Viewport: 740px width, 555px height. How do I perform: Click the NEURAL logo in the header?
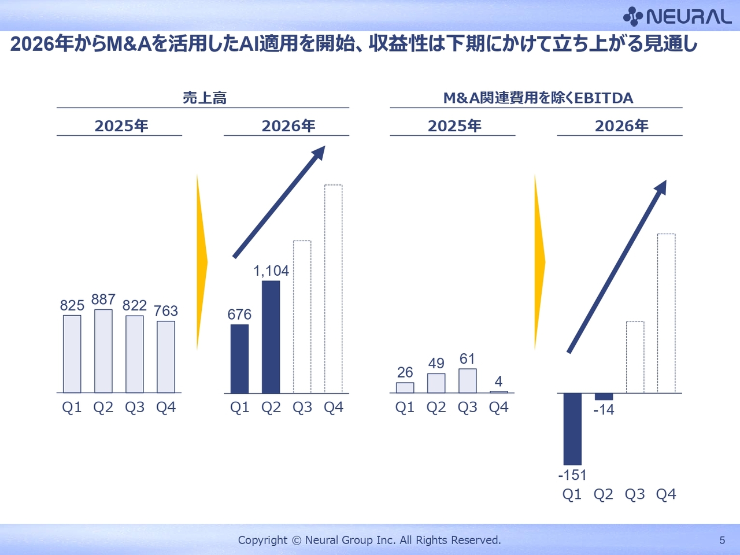(678, 16)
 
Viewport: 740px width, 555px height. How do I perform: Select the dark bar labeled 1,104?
(271, 337)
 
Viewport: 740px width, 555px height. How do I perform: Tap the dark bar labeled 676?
(239, 359)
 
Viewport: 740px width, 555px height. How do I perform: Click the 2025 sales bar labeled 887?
(103, 351)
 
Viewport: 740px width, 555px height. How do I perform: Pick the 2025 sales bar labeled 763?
(166, 357)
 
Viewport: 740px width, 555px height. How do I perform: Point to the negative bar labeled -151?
(572, 429)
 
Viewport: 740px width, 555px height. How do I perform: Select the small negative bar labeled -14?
(604, 397)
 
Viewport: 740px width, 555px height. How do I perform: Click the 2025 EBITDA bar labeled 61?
(468, 381)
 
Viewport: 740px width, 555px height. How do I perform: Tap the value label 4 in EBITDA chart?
(498, 382)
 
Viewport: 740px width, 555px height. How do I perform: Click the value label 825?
(72, 305)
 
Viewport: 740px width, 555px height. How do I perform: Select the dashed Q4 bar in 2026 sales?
(334, 289)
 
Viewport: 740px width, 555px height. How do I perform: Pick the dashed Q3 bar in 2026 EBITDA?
(635, 357)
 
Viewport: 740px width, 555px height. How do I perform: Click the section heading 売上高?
(205, 98)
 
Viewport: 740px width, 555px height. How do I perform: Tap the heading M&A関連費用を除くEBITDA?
(538, 98)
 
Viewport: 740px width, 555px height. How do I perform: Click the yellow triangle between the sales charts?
(202, 262)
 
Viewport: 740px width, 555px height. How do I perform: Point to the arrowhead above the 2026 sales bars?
(319, 153)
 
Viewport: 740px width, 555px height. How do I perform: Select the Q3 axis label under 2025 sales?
(135, 408)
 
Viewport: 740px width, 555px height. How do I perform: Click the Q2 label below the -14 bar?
(604, 494)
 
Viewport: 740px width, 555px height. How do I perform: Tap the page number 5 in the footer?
(722, 541)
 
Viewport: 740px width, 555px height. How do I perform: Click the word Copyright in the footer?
(262, 541)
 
